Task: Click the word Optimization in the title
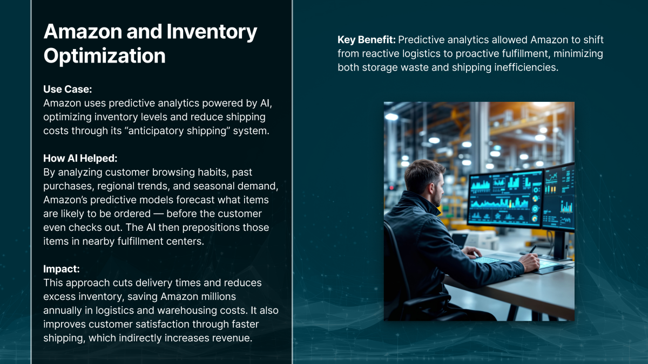(x=104, y=56)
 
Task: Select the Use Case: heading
(x=67, y=89)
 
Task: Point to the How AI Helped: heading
(x=80, y=159)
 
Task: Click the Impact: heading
(x=62, y=269)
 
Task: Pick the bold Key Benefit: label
(x=367, y=40)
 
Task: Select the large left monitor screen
(x=505, y=197)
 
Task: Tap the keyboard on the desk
(x=487, y=260)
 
